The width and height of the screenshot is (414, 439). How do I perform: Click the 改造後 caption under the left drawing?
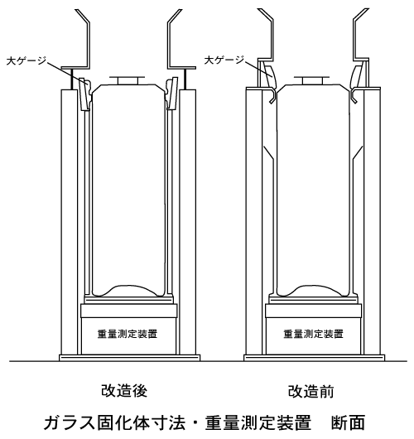[124, 391]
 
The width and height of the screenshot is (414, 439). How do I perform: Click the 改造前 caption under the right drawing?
[311, 392]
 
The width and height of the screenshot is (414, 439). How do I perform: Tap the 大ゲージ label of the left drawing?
[26, 60]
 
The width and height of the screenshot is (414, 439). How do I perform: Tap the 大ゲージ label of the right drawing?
[224, 60]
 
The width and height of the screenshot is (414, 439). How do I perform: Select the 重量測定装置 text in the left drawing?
[128, 334]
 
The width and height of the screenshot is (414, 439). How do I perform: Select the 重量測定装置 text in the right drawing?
[313, 334]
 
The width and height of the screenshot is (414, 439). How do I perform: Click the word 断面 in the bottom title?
[349, 422]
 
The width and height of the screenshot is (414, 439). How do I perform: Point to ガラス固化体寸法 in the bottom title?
[114, 422]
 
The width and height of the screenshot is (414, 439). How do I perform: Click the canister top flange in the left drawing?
[128, 80]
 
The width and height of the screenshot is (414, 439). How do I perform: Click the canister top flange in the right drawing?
[312, 80]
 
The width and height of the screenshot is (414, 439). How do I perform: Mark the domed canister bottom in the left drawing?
[128, 291]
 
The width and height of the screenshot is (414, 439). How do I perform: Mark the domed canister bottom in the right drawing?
[313, 291]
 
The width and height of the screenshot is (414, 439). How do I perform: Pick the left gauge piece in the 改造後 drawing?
[84, 94]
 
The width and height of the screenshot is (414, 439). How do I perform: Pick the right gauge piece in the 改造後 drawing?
[171, 94]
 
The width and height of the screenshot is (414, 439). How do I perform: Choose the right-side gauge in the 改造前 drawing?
[359, 75]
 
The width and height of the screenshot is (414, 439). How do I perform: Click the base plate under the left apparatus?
[130, 358]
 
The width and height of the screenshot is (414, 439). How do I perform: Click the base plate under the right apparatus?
[315, 358]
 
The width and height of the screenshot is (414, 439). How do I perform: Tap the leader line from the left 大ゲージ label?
[66, 72]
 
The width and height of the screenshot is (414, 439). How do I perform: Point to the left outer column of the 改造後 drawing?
[70, 222]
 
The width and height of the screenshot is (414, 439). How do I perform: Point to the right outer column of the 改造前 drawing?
[373, 221]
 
